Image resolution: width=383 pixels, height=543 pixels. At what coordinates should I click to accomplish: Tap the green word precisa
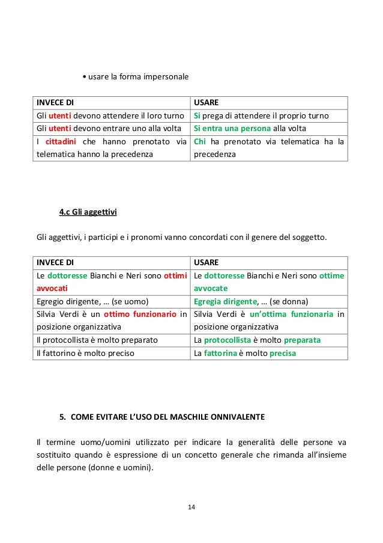[x=282, y=353]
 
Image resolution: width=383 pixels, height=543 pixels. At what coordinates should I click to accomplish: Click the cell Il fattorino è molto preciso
[x=85, y=353]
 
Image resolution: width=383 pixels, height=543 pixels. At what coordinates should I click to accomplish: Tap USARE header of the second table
[x=205, y=263]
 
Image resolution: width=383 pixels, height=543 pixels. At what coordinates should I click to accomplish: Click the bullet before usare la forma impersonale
[x=84, y=77]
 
